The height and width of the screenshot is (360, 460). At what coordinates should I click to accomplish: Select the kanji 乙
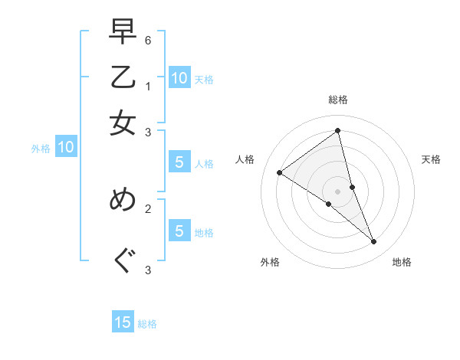[123, 78]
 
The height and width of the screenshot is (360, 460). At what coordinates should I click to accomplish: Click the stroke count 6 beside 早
[148, 40]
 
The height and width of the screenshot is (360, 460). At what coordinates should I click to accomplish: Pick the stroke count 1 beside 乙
[148, 86]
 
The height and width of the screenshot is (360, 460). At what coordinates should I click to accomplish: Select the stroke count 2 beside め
[148, 207]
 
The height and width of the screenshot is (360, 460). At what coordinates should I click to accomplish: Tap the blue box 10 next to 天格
[179, 77]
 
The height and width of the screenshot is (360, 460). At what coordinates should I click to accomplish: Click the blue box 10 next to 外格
[66, 148]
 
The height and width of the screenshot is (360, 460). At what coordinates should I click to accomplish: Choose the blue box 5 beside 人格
[179, 162]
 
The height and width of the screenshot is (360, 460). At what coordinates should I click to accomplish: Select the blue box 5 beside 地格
[179, 231]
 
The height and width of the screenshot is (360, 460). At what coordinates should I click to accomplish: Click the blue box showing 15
[123, 322]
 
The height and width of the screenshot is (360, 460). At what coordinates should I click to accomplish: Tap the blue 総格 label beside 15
[147, 324]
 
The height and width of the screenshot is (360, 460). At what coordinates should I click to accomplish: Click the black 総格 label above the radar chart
[338, 100]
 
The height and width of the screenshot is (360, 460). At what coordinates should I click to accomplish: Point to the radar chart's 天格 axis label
[431, 159]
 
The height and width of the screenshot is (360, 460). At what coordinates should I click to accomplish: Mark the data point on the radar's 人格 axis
[280, 172]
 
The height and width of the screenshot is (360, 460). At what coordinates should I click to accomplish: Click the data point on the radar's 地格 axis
[374, 242]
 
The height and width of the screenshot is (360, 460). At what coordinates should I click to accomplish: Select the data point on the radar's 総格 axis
[338, 130]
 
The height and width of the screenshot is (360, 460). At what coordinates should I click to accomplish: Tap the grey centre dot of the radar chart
[338, 191]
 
